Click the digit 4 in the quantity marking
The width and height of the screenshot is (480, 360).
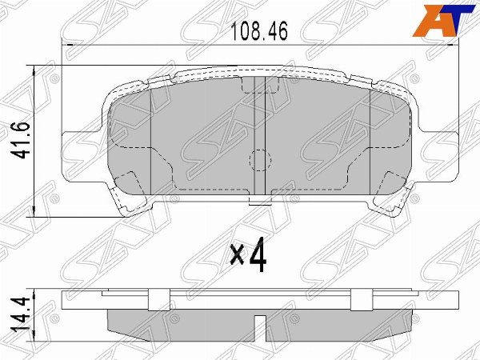coord(256,255)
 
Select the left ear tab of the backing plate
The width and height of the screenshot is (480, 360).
coord(77,141)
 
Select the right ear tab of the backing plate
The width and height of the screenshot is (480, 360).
coord(437,141)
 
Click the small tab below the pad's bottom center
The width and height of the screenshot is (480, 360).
coord(258,203)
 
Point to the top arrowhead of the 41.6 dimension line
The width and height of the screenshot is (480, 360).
coord(32,69)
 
